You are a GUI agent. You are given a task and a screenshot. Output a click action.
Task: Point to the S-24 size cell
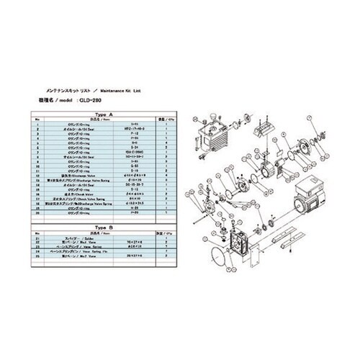(x=133, y=150)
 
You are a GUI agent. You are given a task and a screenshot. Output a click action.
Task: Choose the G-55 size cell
(x=133, y=166)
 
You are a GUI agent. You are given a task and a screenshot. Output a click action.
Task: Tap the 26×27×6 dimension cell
(x=133, y=258)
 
